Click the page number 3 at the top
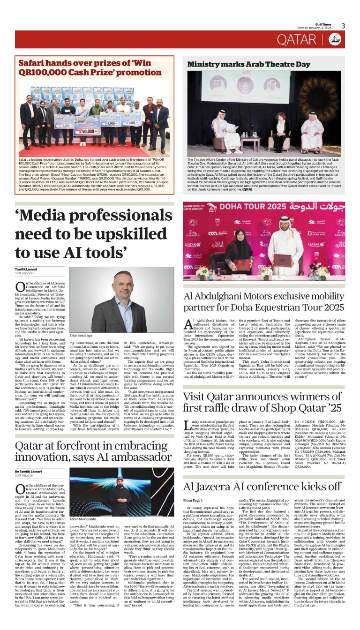343,26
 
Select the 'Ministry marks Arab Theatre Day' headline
248,64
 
